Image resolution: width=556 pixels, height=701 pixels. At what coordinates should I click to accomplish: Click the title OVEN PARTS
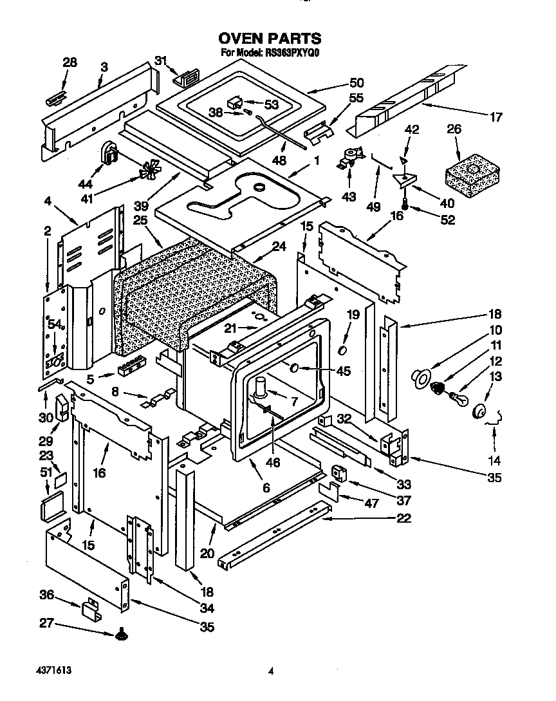tap(270, 40)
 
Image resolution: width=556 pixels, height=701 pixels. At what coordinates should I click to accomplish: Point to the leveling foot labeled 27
tap(120, 637)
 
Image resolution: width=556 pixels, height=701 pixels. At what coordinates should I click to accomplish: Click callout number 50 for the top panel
tap(355, 83)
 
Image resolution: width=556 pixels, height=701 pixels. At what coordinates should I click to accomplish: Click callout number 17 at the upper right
tap(496, 117)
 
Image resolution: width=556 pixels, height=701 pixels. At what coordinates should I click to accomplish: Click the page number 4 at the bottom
tap(272, 671)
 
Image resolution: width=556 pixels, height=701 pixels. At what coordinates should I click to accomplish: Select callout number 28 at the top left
tap(69, 62)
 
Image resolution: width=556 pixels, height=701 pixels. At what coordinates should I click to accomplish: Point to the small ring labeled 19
tap(343, 350)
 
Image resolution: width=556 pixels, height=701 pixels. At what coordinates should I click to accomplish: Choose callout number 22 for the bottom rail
tap(404, 519)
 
